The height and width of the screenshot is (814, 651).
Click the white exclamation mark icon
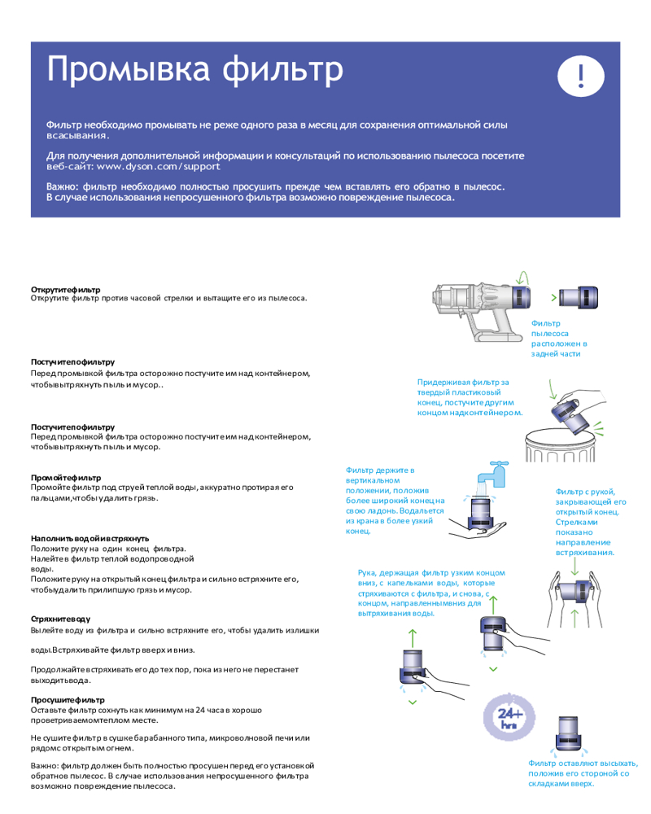[x=580, y=76]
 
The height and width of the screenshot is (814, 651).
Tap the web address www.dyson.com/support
[x=159, y=167]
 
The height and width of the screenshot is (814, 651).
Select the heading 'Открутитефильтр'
[x=65, y=290]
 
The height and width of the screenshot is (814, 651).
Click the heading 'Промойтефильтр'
[x=66, y=478]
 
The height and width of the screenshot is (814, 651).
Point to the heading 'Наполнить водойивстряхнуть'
[x=90, y=538]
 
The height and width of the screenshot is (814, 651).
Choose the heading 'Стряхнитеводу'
[x=60, y=619]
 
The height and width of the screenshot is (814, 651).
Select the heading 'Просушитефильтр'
[x=68, y=700]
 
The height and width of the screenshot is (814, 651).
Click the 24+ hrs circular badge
[x=509, y=717]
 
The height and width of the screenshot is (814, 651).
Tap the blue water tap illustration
[x=493, y=475]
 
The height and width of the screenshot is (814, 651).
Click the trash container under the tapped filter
[x=560, y=445]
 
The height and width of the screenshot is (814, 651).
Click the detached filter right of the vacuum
[x=579, y=298]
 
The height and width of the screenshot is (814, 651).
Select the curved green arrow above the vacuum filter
[x=523, y=278]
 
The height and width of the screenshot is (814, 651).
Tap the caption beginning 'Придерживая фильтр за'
[x=470, y=398]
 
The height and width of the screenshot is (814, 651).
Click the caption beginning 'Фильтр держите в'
[x=395, y=501]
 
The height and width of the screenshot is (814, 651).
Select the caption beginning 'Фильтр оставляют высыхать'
[x=583, y=773]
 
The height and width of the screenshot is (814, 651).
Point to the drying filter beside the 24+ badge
[x=569, y=733]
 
